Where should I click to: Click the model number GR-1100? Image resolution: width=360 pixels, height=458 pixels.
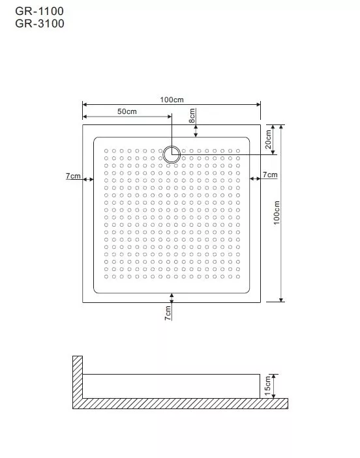click(40, 11)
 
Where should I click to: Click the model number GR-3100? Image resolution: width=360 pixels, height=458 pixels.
click(40, 23)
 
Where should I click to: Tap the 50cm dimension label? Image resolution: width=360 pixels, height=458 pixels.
click(127, 111)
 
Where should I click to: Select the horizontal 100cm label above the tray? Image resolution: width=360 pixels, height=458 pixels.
click(172, 100)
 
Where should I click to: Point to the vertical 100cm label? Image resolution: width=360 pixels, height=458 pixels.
click(277, 212)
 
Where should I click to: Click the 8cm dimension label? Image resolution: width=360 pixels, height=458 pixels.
click(192, 116)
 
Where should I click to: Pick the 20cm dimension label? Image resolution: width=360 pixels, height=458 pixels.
click(268, 139)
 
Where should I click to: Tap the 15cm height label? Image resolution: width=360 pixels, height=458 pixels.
click(267, 386)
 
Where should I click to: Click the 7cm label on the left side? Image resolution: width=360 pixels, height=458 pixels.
click(73, 176)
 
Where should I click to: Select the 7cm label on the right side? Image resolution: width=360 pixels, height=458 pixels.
click(270, 175)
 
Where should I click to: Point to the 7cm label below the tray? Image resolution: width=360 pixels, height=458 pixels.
click(168, 313)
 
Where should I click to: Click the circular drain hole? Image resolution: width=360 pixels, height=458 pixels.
click(172, 154)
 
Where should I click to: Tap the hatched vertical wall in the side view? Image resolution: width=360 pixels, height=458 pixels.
click(78, 377)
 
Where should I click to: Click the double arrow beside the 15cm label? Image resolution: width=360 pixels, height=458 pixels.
click(274, 386)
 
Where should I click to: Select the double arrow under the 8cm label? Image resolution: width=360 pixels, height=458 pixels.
click(196, 131)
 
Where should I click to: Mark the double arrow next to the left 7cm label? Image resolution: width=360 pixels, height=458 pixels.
click(88, 179)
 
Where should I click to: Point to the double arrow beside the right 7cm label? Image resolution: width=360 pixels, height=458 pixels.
click(255, 179)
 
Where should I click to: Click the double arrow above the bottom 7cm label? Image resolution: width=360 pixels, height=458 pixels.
click(172, 298)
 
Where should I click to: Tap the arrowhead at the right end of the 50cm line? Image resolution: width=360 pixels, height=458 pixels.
click(170, 117)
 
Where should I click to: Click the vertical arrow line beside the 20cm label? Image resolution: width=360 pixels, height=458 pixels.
click(273, 139)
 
